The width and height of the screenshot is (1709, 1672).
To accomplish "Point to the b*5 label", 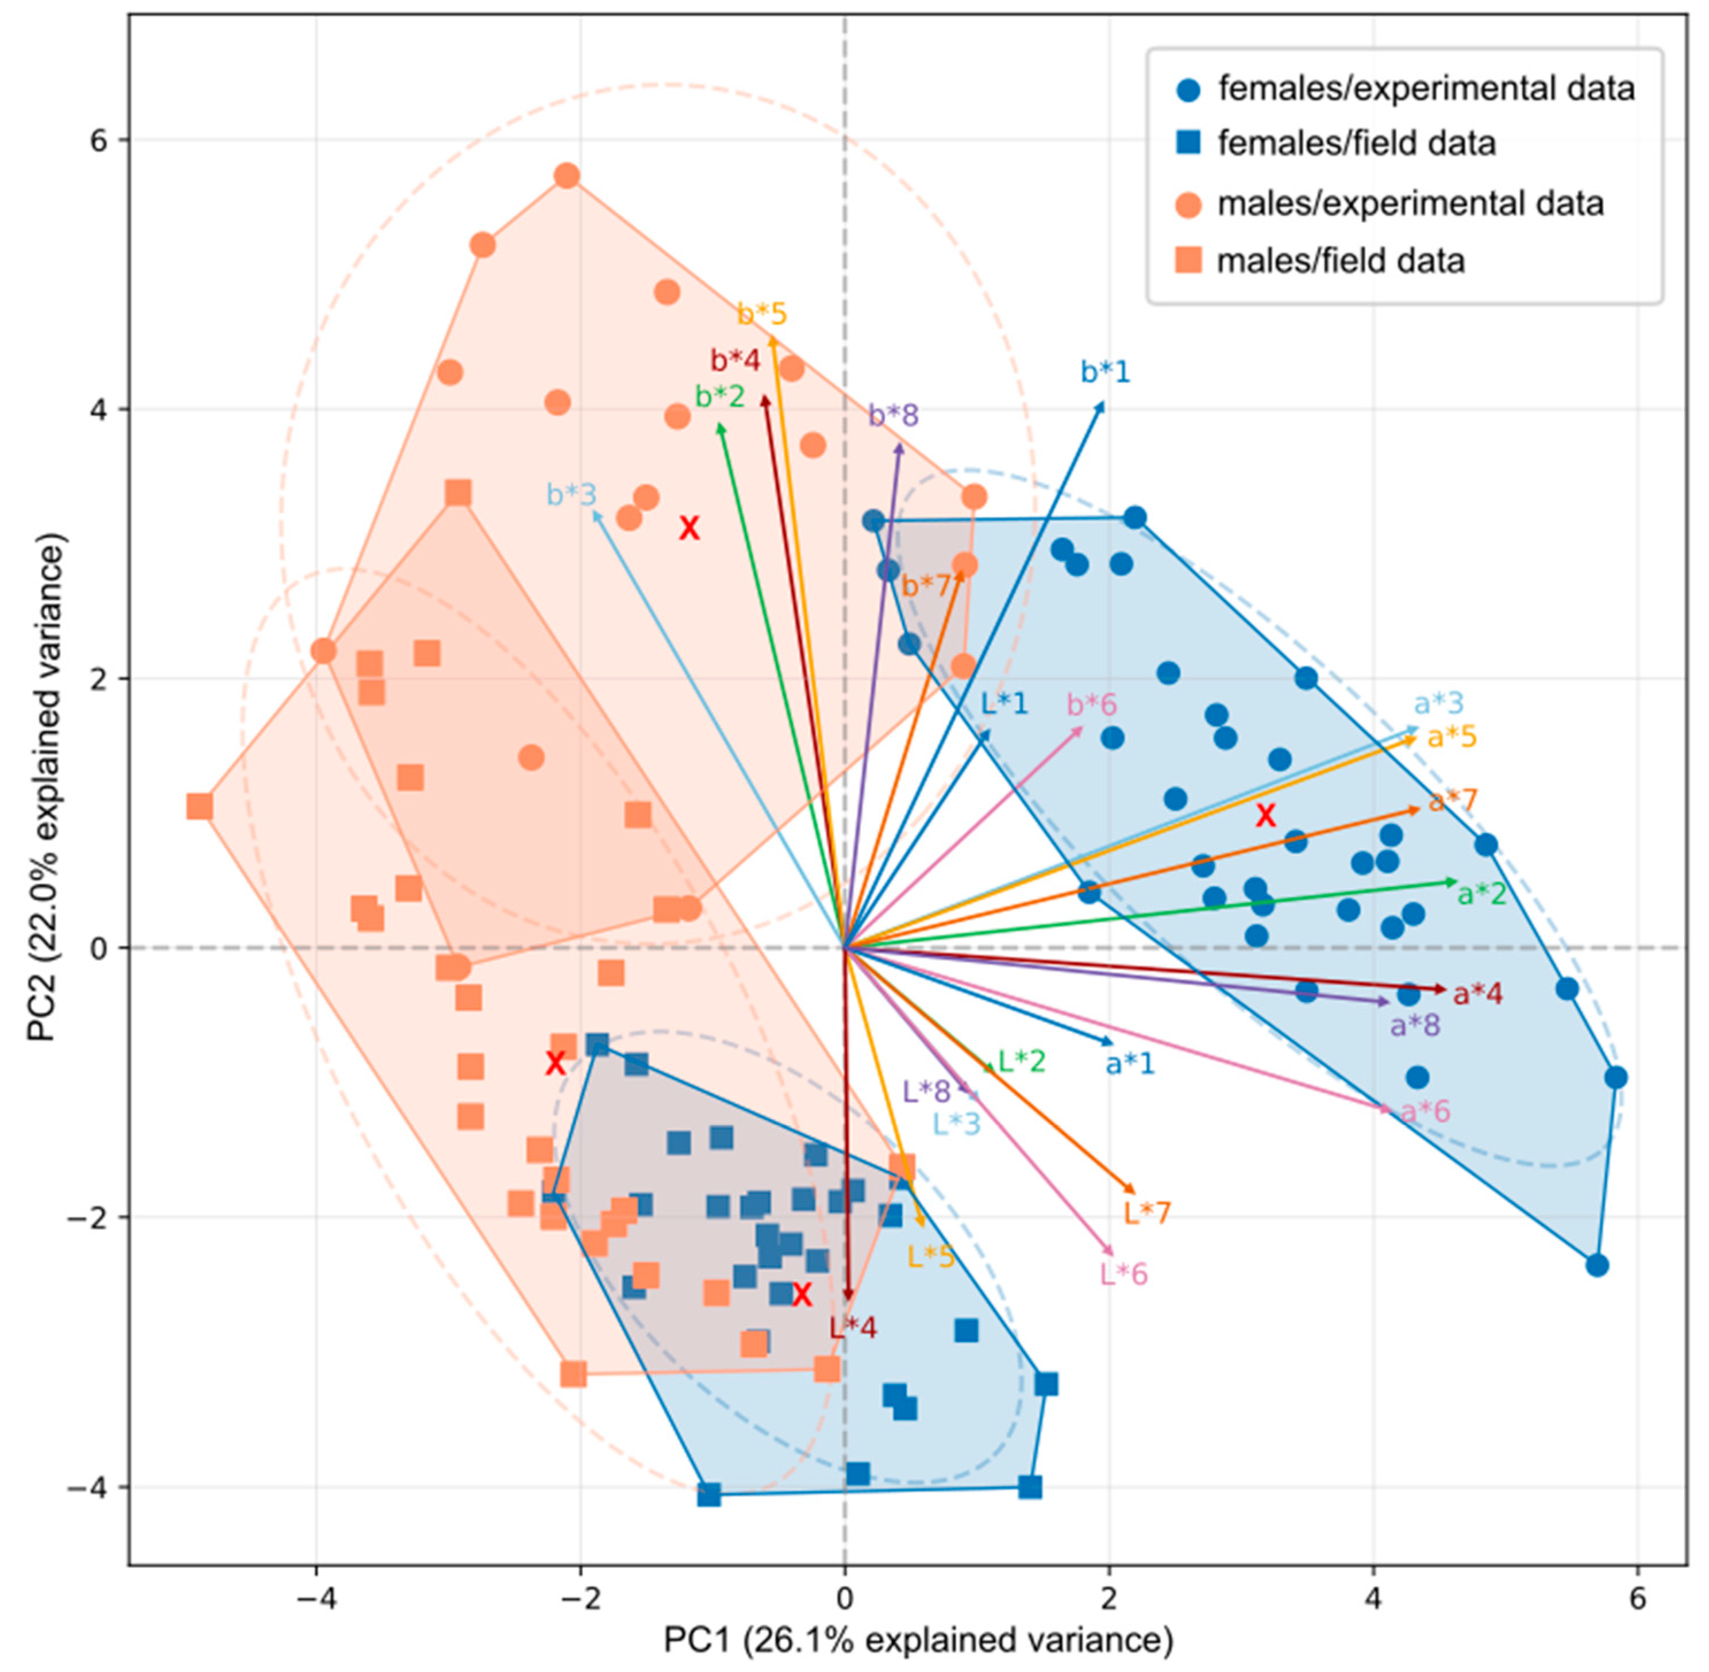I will tap(761, 314).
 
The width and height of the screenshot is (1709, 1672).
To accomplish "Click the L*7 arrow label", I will tap(1147, 1213).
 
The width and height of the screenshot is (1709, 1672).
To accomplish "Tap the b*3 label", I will tap(572, 494).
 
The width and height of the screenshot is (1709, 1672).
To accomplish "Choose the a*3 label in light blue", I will tap(1438, 703).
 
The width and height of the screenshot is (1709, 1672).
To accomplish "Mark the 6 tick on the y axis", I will tap(94, 140).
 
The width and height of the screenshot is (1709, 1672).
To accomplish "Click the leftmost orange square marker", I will tap(199, 806).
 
